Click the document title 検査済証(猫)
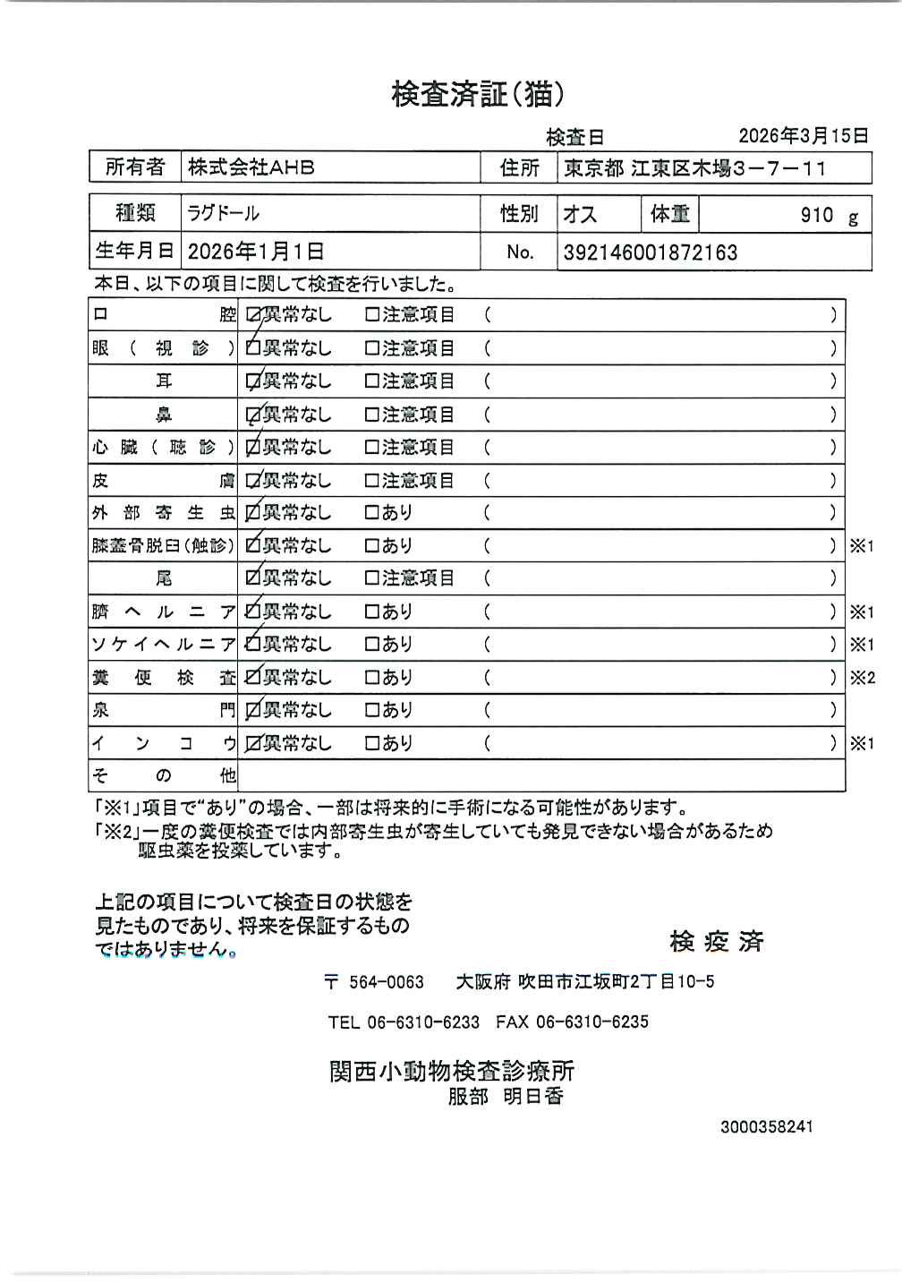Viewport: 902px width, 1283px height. pos(478,93)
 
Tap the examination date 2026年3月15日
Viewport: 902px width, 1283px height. pos(803,136)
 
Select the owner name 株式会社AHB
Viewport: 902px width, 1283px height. pos(251,167)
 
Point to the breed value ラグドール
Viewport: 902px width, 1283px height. pos(223,214)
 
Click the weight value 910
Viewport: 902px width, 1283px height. pos(817,215)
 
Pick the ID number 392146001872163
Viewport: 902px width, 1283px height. pos(651,252)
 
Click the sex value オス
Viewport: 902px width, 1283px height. pos(580,214)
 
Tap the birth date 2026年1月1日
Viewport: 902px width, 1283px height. pos(256,252)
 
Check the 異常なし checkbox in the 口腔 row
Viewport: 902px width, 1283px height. pos(254,315)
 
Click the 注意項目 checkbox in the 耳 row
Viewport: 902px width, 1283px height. pos(372,381)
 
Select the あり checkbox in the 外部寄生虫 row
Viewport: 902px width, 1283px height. pos(372,513)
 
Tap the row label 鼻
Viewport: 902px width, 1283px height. pos(164,415)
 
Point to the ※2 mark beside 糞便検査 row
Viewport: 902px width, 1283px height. pos(862,678)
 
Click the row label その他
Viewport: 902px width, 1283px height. pos(164,775)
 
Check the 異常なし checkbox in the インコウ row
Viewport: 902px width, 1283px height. pos(253,743)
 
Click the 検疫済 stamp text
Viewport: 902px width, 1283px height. pos(716,941)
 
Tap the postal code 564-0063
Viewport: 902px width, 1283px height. pos(386,982)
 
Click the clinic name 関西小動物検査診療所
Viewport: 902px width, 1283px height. pos(452,1071)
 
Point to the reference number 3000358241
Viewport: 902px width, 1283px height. pos(767,1126)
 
